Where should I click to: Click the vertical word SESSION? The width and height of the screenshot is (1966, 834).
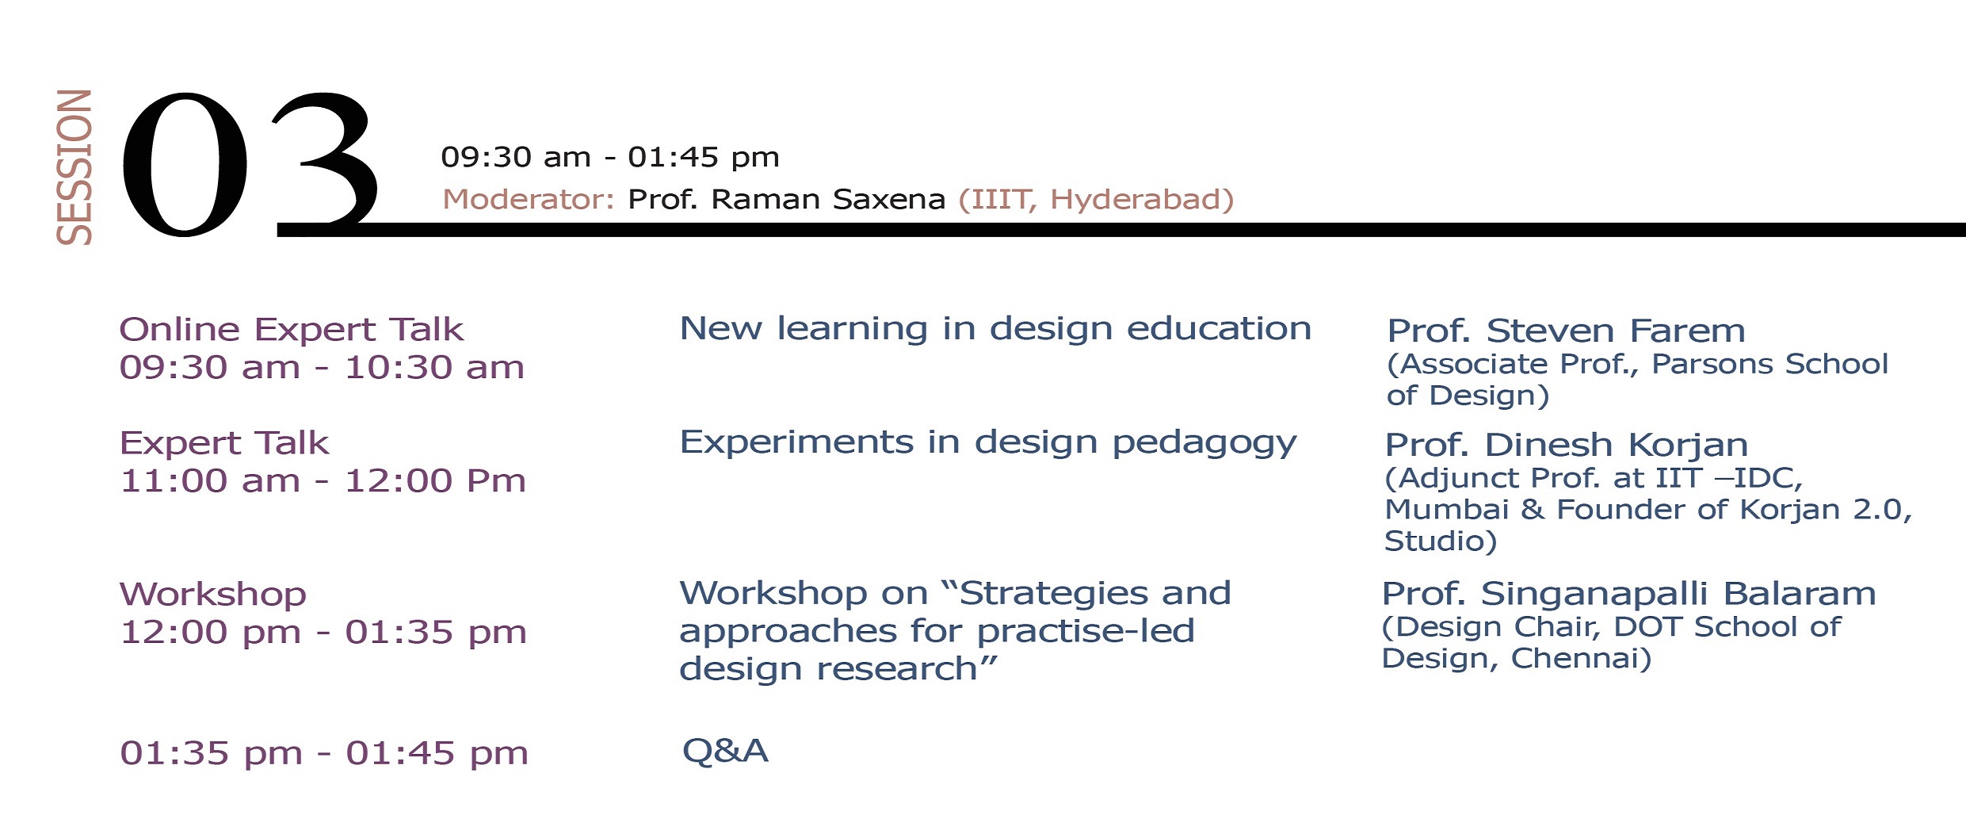click(74, 166)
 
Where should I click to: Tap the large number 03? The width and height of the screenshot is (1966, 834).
click(250, 164)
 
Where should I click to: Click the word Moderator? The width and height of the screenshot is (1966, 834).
click(529, 199)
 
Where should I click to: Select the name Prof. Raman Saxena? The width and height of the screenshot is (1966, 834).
click(786, 199)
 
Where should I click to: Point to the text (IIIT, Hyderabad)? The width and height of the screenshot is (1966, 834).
click(1096, 200)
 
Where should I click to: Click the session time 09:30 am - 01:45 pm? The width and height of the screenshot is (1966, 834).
click(610, 157)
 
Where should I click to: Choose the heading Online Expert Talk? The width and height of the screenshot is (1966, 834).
click(291, 329)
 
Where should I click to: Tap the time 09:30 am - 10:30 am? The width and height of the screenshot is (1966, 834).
click(322, 368)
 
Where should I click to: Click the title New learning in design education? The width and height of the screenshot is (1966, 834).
click(995, 328)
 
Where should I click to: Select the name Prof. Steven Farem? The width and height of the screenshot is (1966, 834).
click(1566, 331)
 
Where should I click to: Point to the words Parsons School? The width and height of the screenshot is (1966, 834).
click(1769, 364)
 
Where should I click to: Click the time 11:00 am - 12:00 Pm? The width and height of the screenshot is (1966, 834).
click(323, 480)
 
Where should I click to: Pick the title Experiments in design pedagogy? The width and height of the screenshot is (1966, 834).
click(988, 443)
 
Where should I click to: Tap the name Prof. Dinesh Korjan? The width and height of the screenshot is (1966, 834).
click(1566, 446)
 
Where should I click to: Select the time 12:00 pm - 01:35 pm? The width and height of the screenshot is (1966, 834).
click(323, 632)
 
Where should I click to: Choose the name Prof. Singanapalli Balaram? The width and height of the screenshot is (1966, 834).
click(1628, 594)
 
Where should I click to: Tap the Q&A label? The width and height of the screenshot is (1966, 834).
click(725, 751)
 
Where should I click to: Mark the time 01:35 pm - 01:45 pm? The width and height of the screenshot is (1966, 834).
click(324, 753)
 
